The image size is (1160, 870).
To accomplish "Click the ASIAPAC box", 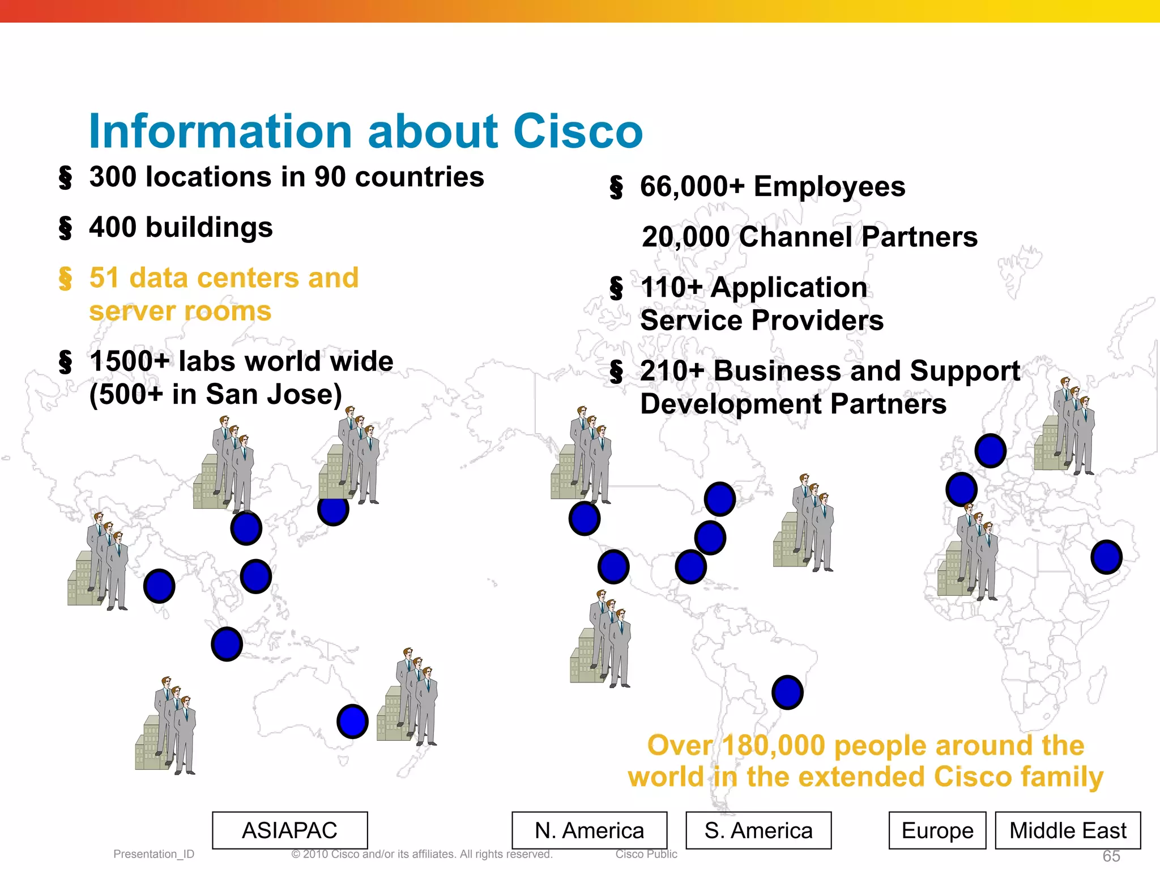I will coord(289,830).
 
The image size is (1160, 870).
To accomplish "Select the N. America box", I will coord(589,830).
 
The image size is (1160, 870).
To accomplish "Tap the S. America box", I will coord(758,830).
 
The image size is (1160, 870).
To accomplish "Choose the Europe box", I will coord(937,830).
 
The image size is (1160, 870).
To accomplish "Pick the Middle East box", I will coord(1068,830).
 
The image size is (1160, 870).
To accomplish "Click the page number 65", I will coord(1111,856).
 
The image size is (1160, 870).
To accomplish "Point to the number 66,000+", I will coord(692,186).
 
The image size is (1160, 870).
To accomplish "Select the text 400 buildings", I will coord(181,227).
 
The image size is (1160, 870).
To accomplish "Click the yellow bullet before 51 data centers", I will coord(65,278).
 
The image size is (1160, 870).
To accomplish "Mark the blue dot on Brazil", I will coord(787,692).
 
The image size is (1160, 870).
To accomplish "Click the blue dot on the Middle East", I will coord(1106,557).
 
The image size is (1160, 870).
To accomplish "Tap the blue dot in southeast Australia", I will coord(352,721).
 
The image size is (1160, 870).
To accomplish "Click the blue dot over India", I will coord(159,586).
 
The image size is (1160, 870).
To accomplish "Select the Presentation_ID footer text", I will coord(153,854).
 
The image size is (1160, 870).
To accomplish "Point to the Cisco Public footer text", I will coord(646,854).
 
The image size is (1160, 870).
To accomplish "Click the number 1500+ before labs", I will coord(129,361).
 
